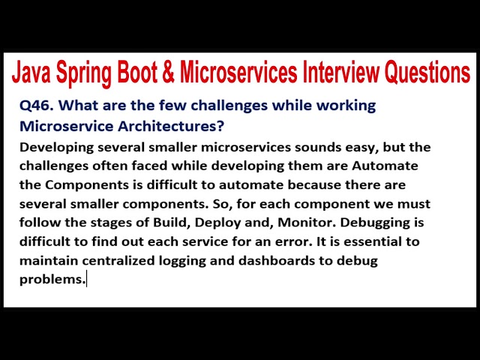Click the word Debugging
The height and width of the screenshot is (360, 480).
point(389,223)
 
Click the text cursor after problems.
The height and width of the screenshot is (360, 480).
point(87,280)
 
